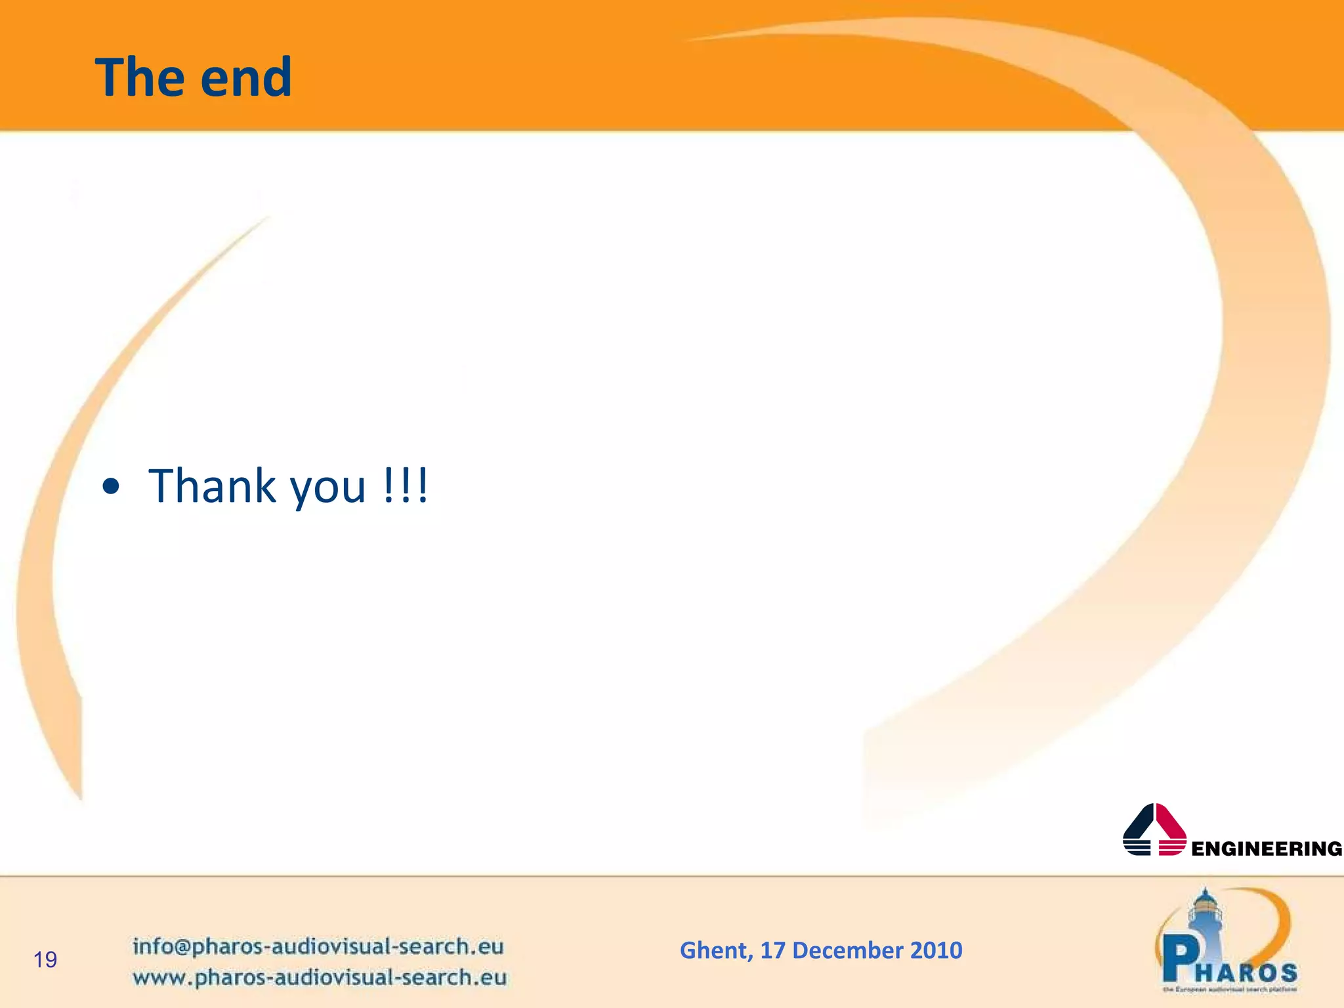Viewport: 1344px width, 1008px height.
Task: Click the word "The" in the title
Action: [x=142, y=77]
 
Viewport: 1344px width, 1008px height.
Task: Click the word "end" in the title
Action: [x=246, y=77]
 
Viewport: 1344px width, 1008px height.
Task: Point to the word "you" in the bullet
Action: [x=327, y=489]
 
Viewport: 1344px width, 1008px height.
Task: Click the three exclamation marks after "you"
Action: [x=406, y=486]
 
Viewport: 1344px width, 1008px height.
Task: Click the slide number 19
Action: [x=45, y=960]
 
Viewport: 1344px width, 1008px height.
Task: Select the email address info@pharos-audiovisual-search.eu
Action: [x=318, y=946]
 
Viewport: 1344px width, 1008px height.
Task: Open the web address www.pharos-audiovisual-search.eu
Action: [x=320, y=977]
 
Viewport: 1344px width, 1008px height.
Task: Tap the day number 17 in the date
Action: [x=772, y=950]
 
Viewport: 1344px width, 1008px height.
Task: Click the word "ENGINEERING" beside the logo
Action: [x=1267, y=849]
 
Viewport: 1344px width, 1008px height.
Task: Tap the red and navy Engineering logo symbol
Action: [x=1154, y=830]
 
